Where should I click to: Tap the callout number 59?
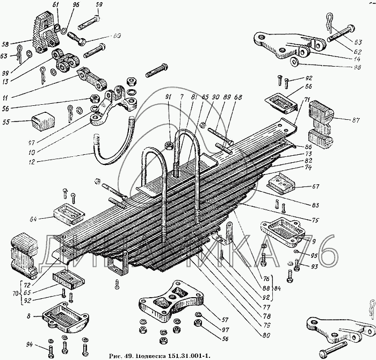[x=99, y=5]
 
